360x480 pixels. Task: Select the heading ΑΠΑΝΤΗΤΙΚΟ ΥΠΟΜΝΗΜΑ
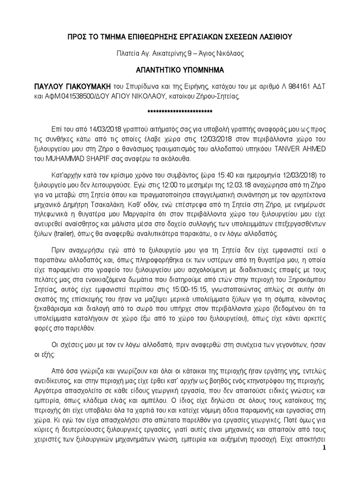[180, 70]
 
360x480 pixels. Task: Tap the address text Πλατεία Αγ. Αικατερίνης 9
[156, 53]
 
